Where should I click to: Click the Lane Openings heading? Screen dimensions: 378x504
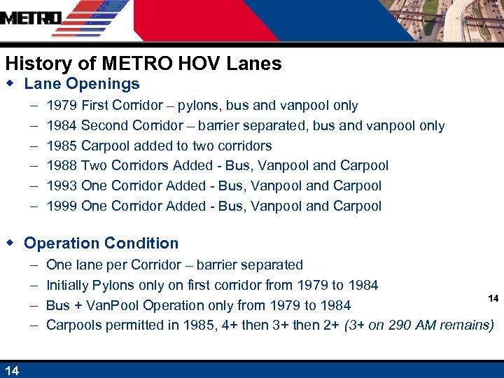tap(82, 84)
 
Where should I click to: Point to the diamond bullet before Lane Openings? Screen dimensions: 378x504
tap(10, 84)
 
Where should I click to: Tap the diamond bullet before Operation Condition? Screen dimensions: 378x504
tap(10, 243)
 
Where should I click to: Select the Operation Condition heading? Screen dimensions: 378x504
tap(101, 244)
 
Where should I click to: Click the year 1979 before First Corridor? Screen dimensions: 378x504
tap(62, 106)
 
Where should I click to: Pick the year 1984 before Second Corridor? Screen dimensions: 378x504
tap(62, 126)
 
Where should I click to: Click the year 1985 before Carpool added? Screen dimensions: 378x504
tap(62, 146)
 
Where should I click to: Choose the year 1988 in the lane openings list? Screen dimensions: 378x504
tap(62, 166)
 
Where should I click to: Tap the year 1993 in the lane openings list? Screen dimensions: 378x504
tap(62, 186)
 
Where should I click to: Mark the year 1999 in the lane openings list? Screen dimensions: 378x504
tap(62, 206)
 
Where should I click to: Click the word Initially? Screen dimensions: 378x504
tap(68, 285)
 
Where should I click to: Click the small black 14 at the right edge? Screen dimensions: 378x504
tap(493, 298)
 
